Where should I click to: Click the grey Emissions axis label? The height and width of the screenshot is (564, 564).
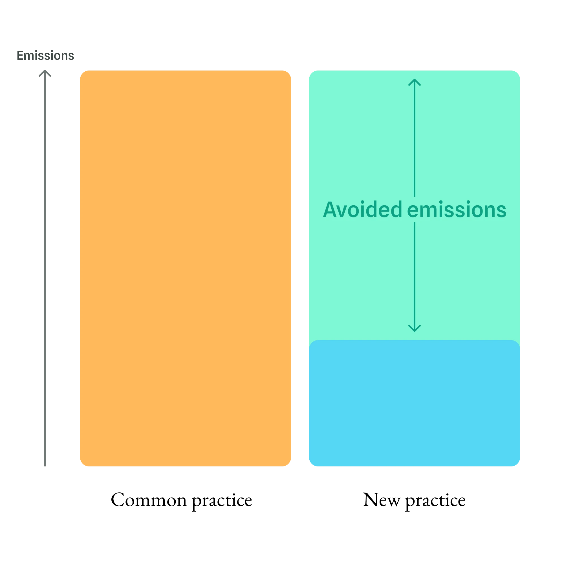(45, 56)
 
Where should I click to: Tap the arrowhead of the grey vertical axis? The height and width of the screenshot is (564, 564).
(45, 73)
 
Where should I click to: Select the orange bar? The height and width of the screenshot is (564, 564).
(185, 268)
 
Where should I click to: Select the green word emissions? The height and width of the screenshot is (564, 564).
(457, 210)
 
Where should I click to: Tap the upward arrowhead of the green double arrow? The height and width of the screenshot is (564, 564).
(414, 82)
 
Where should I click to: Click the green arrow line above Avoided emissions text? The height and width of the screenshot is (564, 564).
(414, 140)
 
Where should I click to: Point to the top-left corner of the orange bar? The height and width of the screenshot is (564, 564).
(81, 72)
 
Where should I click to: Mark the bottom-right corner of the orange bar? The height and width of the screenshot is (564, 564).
(289, 465)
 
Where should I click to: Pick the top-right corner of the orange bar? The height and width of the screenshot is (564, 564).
(289, 72)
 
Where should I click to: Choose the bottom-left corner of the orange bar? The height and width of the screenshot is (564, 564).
(81, 465)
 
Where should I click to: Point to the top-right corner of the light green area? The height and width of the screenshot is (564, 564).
(519, 72)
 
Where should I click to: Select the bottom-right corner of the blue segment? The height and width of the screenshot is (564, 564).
(519, 465)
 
